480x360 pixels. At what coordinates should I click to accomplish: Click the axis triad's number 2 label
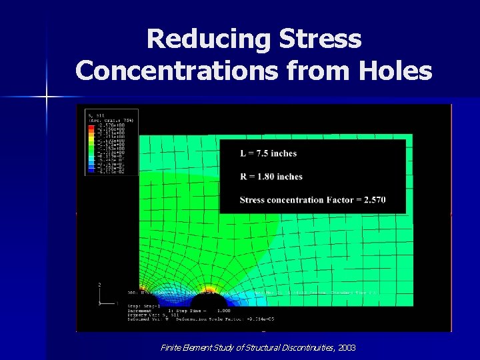pyautogui.click(x=100, y=285)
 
